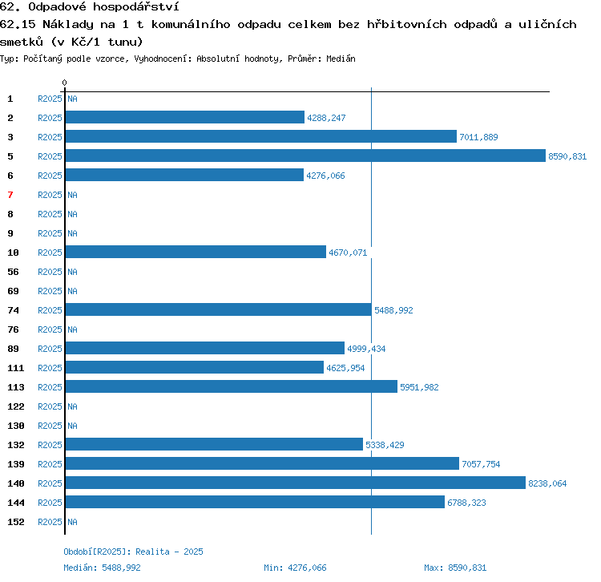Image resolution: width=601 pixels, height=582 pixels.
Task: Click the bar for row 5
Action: coord(305,156)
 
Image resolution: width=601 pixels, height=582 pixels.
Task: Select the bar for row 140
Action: coord(296,483)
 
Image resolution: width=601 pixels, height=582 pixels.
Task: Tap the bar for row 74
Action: coord(219,309)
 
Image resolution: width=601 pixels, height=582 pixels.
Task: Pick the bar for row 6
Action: coord(185,175)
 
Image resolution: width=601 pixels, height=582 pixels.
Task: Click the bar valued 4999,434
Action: coord(205,348)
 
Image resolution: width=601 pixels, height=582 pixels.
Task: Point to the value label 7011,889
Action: coord(478,137)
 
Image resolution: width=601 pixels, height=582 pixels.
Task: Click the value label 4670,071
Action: coord(348,253)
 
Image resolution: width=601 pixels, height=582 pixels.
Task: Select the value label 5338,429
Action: coord(385,445)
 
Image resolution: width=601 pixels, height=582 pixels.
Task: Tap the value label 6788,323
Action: coord(466,503)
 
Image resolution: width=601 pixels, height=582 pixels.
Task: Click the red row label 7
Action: coord(10,195)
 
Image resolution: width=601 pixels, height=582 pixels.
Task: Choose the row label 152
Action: coord(16,522)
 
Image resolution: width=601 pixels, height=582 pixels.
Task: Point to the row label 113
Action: coord(16,387)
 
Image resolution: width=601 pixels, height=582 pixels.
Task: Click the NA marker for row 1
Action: coord(72,99)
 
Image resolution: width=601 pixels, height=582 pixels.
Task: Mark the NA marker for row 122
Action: coord(72,406)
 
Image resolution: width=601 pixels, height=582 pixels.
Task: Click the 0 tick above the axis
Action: coord(64,83)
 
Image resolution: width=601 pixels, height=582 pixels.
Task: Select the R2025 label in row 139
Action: coord(50,464)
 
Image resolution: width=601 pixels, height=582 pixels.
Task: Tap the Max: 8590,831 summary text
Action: coord(455,568)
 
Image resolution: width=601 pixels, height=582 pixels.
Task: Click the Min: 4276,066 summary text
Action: coord(295,568)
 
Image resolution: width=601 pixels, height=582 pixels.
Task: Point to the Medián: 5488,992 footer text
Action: coord(102,568)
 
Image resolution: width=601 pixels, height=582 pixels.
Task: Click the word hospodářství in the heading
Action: coord(135,6)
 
